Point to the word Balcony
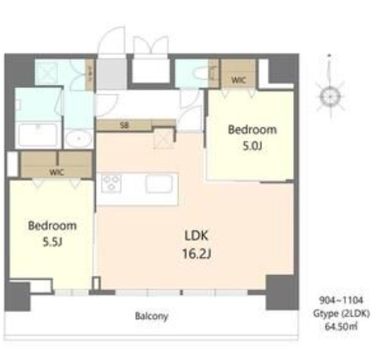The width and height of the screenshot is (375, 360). [151, 315]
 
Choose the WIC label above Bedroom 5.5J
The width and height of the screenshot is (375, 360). [56, 171]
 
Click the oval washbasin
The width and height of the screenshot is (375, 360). [79, 140]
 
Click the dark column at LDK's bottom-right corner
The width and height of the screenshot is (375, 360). [278, 292]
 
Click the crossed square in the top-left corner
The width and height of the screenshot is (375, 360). [47, 73]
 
